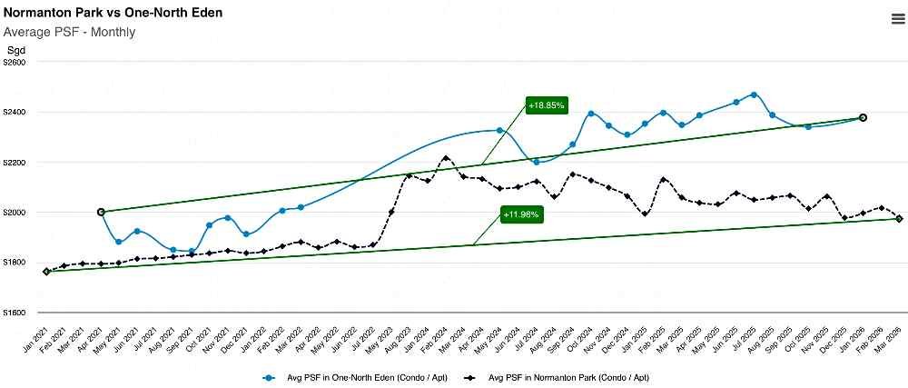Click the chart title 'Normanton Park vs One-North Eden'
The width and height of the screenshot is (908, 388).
click(x=113, y=13)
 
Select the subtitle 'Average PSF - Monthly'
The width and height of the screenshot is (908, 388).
click(x=70, y=32)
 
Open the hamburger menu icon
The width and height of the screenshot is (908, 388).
click(x=898, y=20)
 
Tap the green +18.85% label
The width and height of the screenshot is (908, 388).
click(x=547, y=105)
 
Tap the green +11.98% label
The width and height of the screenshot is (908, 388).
click(x=521, y=214)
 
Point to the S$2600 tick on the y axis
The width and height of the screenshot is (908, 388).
click(x=15, y=63)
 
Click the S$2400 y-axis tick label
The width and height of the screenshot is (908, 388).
click(x=15, y=113)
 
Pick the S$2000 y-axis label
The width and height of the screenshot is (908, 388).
click(x=15, y=213)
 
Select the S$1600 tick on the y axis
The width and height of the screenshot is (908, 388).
click(x=15, y=313)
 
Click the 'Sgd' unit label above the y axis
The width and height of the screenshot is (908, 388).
click(x=16, y=49)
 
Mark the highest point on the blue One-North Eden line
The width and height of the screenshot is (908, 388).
click(x=754, y=95)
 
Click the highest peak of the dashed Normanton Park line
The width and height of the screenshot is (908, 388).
click(x=446, y=158)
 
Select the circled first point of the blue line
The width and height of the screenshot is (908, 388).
click(x=101, y=212)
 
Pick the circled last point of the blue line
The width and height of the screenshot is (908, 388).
click(x=863, y=117)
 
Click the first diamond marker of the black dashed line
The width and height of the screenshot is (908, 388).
click(x=46, y=271)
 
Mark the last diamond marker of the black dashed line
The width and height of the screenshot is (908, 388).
click(x=899, y=219)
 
